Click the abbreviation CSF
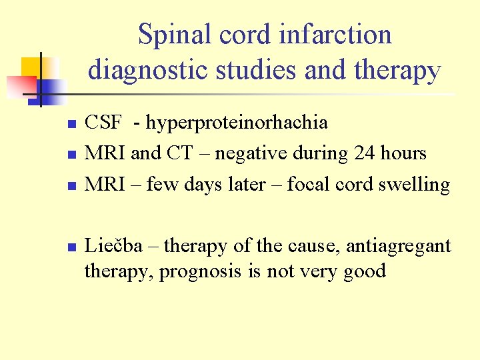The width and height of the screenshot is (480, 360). pos(103,123)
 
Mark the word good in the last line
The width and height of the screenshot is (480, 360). pos(365,272)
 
